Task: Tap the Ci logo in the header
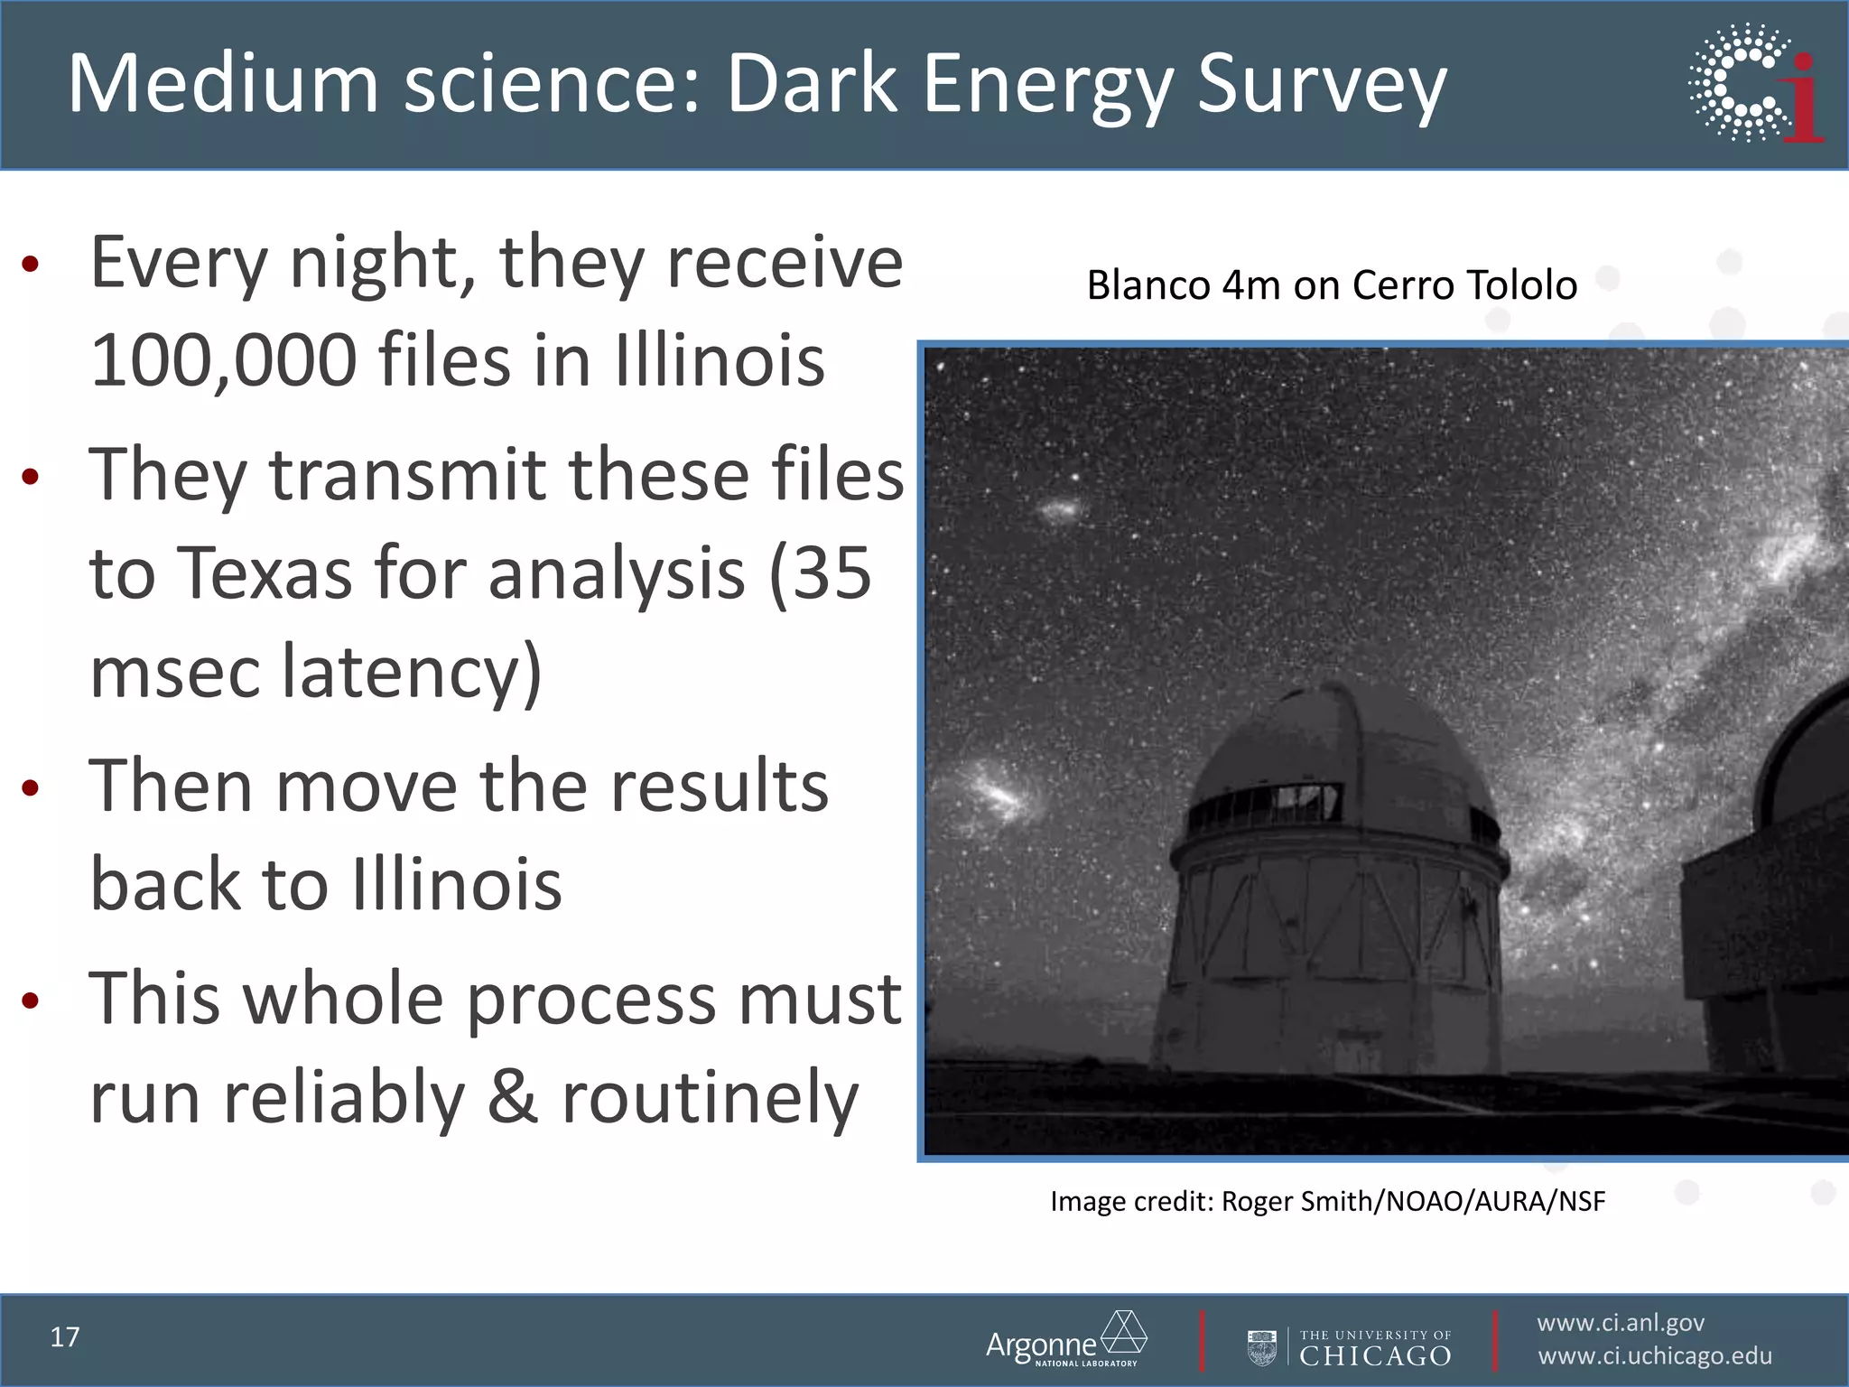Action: click(1756, 83)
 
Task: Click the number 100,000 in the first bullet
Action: click(224, 360)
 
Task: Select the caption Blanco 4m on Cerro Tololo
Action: click(1332, 285)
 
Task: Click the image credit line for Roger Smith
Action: click(1327, 1202)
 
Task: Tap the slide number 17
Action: click(65, 1337)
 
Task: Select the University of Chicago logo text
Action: click(1374, 1347)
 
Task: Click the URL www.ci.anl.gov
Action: click(1621, 1323)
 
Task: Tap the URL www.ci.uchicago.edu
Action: click(1654, 1356)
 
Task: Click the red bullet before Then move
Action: click(31, 787)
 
